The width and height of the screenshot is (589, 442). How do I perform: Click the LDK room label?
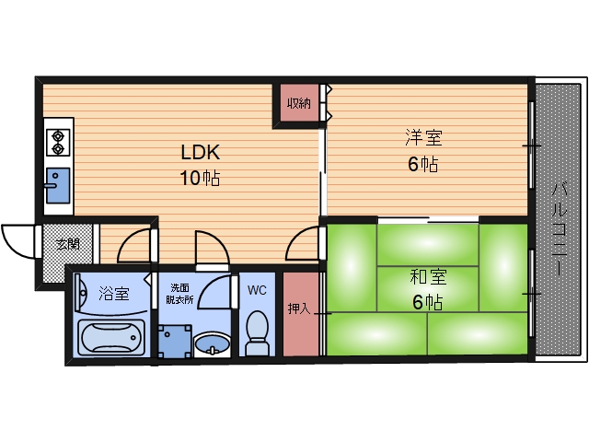201,152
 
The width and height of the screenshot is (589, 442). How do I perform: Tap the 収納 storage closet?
299,102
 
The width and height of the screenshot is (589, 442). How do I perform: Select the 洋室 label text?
423,137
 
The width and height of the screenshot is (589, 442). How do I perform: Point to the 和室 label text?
428,277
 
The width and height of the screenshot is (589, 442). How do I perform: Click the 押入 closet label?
299,308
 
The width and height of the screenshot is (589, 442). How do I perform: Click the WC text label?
257,290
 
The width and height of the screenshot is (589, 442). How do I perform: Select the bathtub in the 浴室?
111,337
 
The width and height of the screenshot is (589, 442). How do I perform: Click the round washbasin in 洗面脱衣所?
212,343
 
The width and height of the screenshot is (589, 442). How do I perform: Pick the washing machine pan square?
175,342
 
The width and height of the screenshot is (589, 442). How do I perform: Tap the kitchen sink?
57,185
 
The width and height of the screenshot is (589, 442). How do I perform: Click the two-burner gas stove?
58,143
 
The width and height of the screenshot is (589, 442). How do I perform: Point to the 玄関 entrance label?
67,245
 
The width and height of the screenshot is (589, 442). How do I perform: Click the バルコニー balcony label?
559,229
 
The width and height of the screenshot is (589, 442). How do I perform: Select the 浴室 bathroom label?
114,293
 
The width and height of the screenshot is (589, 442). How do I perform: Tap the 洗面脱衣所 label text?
180,294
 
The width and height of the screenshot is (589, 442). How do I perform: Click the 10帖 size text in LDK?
201,178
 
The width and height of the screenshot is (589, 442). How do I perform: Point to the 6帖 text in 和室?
427,301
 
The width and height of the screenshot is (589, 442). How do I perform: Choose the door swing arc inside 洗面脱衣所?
209,289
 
